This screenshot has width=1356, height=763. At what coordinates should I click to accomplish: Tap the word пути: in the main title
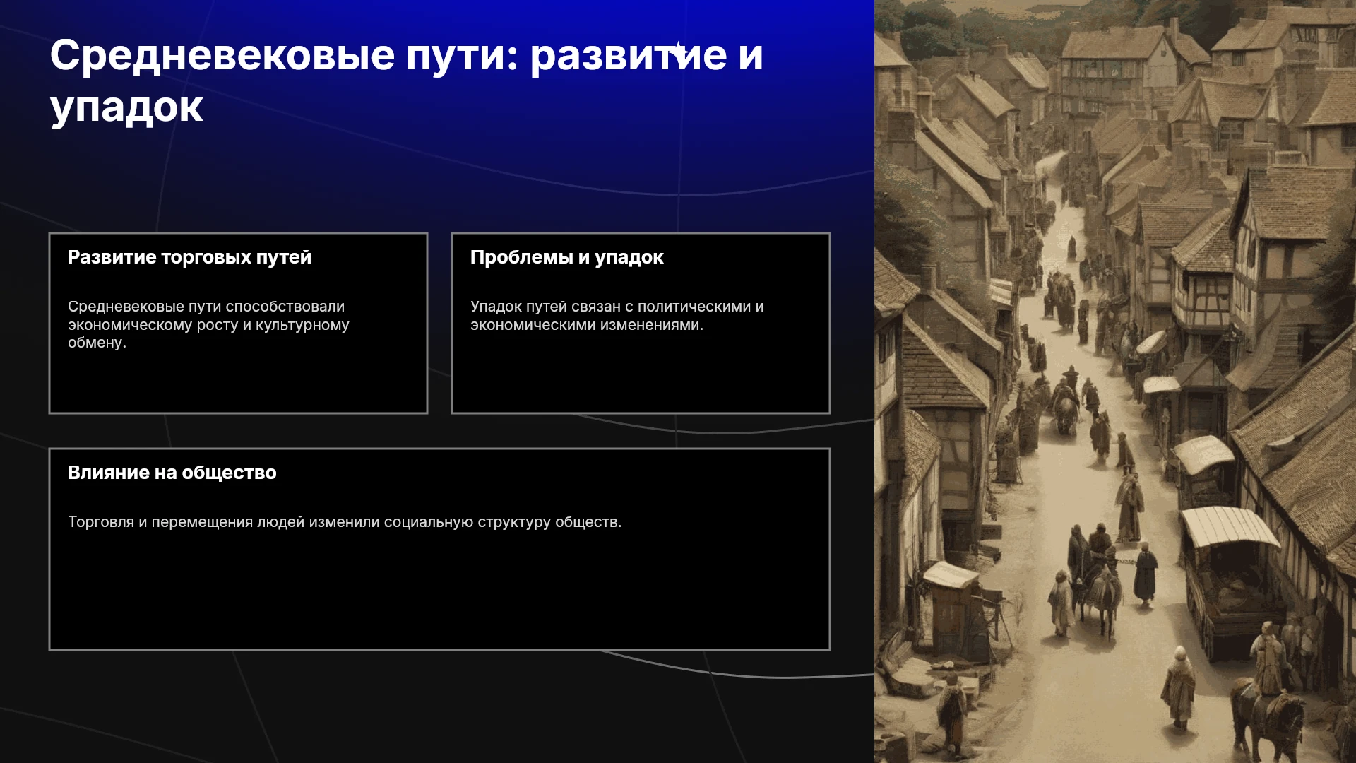click(462, 57)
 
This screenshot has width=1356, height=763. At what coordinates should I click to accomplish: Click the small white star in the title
click(678, 49)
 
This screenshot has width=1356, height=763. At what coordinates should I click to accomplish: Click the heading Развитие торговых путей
click(189, 257)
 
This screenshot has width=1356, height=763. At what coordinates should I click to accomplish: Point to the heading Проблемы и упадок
click(566, 257)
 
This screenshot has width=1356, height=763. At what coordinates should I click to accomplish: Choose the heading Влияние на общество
click(172, 473)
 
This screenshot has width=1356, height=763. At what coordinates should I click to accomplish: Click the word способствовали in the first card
click(285, 307)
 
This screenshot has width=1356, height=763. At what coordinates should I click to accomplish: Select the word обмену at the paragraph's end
click(97, 343)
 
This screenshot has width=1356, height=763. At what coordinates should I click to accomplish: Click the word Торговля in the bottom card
click(101, 522)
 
